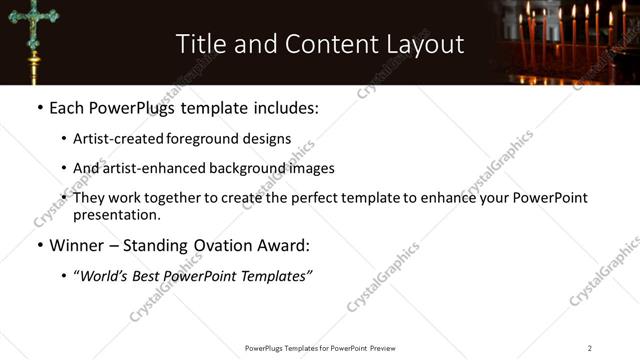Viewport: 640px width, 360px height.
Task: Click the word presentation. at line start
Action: pos(116,215)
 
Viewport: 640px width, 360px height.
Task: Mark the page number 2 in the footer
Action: pos(589,348)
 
